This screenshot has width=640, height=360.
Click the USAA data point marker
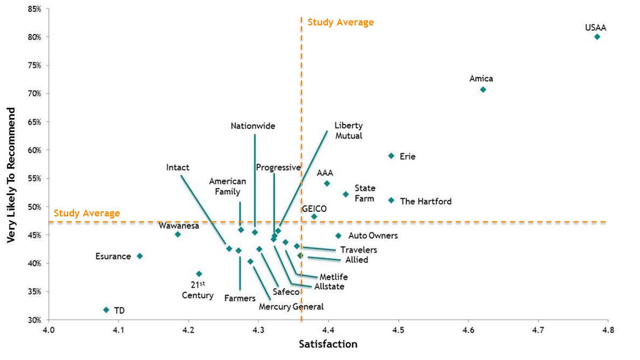click(597, 37)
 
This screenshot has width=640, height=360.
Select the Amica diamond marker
click(483, 90)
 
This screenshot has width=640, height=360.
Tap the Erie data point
click(391, 156)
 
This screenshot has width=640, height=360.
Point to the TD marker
click(106, 310)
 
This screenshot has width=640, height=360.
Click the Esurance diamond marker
click(140, 256)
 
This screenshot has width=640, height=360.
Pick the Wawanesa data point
click(178, 234)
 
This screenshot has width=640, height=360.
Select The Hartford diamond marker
click(391, 200)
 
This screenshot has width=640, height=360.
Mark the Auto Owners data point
click(338, 236)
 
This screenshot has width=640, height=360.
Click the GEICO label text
click(314, 209)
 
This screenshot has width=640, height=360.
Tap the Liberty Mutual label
click(349, 130)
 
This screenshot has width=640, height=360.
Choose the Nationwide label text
click(253, 126)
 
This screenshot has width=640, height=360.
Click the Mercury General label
click(291, 307)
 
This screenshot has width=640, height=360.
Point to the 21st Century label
click(197, 290)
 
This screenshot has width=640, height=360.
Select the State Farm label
click(365, 193)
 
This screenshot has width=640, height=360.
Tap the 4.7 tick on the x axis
click(538, 330)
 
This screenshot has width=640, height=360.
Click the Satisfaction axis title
click(328, 344)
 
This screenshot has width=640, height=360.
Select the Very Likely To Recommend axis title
click(11, 175)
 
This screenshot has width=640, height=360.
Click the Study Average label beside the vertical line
click(340, 22)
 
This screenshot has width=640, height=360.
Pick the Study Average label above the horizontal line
click(87, 213)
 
